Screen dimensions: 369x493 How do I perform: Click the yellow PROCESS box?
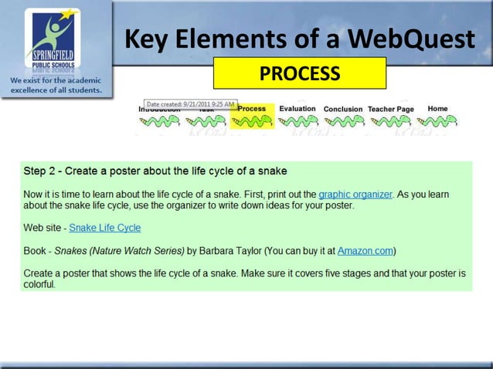(x=299, y=73)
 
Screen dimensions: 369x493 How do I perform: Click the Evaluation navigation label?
(x=297, y=109)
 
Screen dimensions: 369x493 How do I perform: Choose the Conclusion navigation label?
(x=342, y=110)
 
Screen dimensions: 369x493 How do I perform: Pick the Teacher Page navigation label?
(x=391, y=110)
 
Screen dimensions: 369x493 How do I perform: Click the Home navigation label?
(x=437, y=109)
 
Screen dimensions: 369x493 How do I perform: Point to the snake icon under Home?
(x=437, y=122)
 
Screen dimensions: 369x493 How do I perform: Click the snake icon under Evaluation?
(x=297, y=122)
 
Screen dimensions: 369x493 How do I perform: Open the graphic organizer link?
(x=355, y=195)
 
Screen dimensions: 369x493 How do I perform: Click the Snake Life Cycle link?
(x=105, y=228)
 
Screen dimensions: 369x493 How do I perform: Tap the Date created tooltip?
(x=191, y=104)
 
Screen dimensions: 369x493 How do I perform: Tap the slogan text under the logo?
(x=56, y=85)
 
